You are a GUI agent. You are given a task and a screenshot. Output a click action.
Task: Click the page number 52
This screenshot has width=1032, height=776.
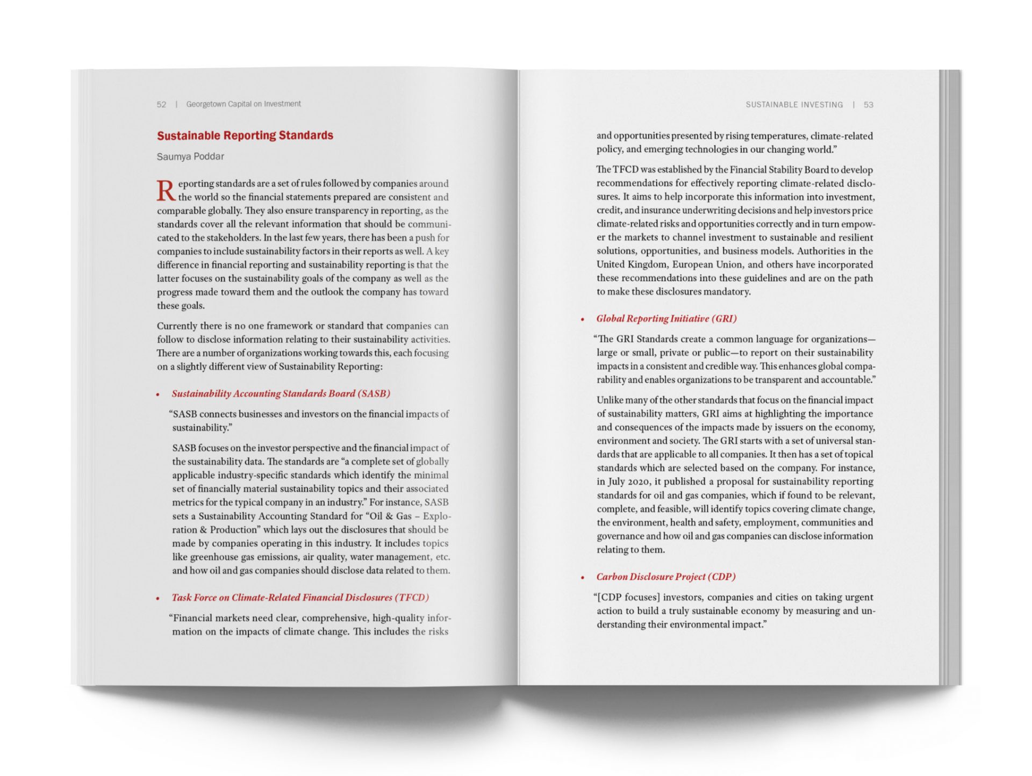click(161, 104)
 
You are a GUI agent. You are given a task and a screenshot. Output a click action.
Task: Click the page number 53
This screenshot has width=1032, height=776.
click(868, 105)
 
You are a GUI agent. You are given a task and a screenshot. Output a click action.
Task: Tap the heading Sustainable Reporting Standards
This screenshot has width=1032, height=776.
click(245, 135)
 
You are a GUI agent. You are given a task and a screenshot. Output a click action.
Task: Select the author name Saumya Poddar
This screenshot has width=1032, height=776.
click(190, 156)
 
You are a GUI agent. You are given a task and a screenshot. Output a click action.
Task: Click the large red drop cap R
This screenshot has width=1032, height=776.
click(166, 190)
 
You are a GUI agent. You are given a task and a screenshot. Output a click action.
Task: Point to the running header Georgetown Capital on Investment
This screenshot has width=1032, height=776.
click(243, 104)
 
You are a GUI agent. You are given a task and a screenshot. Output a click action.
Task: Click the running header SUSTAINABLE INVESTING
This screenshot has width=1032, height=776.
click(794, 105)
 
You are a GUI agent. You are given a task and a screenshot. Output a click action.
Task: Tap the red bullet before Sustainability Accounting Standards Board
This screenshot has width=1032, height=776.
click(158, 394)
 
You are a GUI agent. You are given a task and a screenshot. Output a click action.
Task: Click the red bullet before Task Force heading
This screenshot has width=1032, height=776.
click(158, 598)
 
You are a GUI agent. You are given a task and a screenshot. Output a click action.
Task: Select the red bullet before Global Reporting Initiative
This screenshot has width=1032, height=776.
click(583, 319)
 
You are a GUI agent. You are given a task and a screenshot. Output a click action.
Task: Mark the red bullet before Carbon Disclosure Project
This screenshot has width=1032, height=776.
click(583, 578)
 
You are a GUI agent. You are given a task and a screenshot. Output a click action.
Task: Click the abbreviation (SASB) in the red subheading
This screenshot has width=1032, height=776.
click(374, 393)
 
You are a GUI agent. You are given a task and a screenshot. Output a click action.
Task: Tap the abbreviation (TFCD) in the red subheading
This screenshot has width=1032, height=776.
click(412, 598)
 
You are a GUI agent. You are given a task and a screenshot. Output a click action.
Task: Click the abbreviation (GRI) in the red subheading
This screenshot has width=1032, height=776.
click(724, 319)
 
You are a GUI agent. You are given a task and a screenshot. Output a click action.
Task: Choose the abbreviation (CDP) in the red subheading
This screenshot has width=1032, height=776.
click(721, 577)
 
